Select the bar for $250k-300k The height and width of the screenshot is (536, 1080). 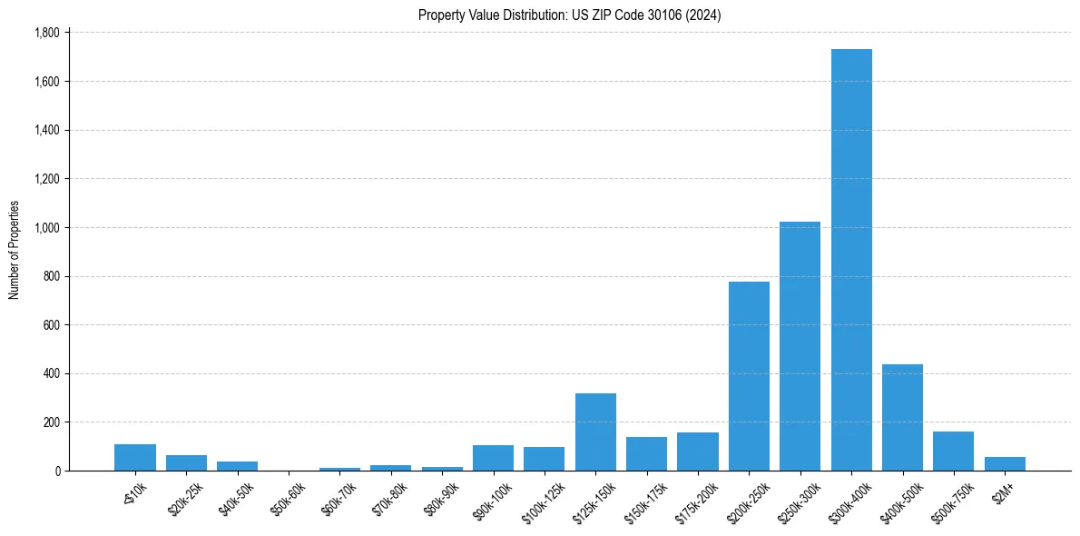coord(800,346)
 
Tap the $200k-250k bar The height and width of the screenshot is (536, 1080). coord(749,376)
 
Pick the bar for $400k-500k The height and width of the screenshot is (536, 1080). coord(902,418)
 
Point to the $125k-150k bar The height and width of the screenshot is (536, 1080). coord(595,432)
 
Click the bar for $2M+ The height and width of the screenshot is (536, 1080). coord(1005,464)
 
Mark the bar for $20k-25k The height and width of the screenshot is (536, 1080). coord(186,463)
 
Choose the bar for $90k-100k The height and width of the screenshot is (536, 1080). coord(493,458)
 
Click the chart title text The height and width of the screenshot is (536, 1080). coord(569,15)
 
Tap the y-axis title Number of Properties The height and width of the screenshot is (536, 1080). coord(15,250)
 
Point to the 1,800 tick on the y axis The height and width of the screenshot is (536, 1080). coord(45,33)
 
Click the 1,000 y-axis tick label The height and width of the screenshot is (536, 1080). coord(45,227)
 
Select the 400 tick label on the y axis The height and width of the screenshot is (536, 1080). coord(50,373)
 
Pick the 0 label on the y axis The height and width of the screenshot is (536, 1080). coord(56,471)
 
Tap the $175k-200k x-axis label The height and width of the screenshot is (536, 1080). coord(698,500)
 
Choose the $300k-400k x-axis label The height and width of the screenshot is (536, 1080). coord(851,500)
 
